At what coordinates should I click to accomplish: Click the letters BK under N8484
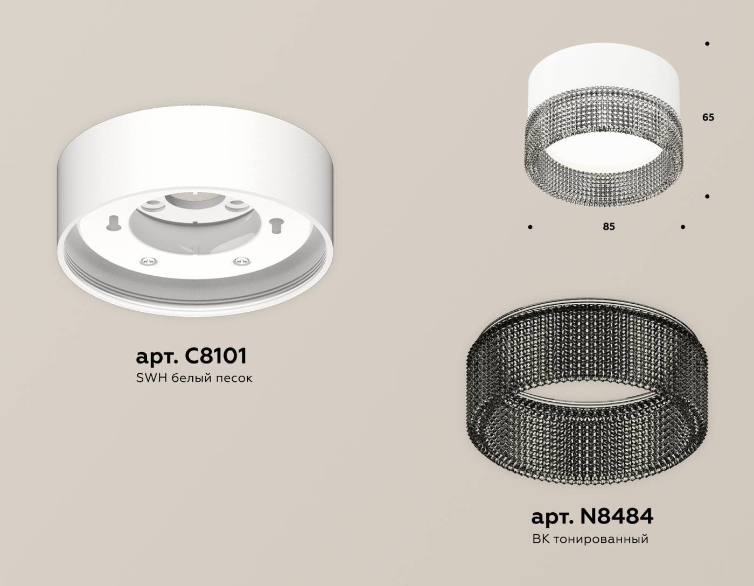[x=540, y=539]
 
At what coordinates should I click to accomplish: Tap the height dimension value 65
[x=708, y=117]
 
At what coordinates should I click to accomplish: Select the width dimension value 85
[x=609, y=227]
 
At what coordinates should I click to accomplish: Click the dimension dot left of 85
[x=530, y=227]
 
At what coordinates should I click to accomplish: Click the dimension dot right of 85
[x=683, y=227]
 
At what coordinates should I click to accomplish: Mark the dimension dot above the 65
[x=707, y=44]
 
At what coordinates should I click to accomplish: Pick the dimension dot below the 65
[x=707, y=197]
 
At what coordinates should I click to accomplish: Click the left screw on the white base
[x=148, y=262]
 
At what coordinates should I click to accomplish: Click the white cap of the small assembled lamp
[x=606, y=81]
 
